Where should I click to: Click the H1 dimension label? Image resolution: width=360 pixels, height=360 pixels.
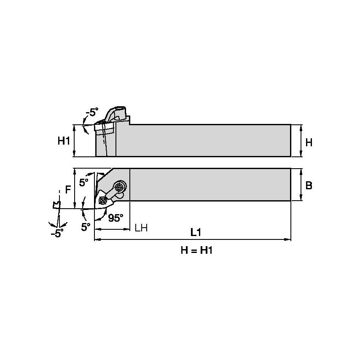coord(64,141)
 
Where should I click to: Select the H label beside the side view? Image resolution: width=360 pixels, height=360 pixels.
coord(309,142)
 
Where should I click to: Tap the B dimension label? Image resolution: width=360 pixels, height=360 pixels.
coord(309,185)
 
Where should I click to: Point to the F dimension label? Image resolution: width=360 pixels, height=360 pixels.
coord(68,190)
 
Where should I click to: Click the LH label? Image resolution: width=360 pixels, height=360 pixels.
coord(141,228)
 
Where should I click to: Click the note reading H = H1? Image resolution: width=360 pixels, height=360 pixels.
coord(196,250)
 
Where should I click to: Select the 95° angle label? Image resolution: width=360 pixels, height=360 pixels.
coord(116,218)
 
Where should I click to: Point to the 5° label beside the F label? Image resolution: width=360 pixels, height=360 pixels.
coord(84,182)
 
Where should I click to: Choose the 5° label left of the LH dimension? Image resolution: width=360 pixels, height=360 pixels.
coord(86,226)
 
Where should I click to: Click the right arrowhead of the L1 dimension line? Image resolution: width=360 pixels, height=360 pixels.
coord(289,240)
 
